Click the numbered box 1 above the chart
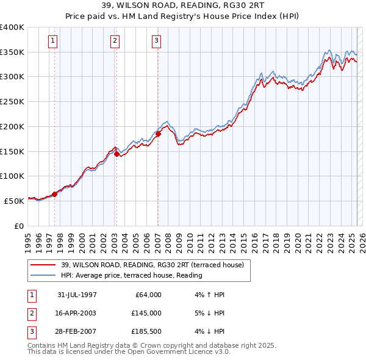tap(53, 41)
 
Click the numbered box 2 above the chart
tap(115, 41)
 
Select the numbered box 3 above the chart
tap(157, 41)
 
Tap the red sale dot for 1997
tap(54, 194)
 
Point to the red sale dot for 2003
tap(116, 154)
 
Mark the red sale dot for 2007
tap(158, 134)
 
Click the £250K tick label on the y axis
tap(12, 102)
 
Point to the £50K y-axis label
tap(14, 201)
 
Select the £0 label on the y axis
tap(19, 226)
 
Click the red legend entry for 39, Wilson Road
tap(152, 265)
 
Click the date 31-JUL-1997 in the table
tap(77, 295)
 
